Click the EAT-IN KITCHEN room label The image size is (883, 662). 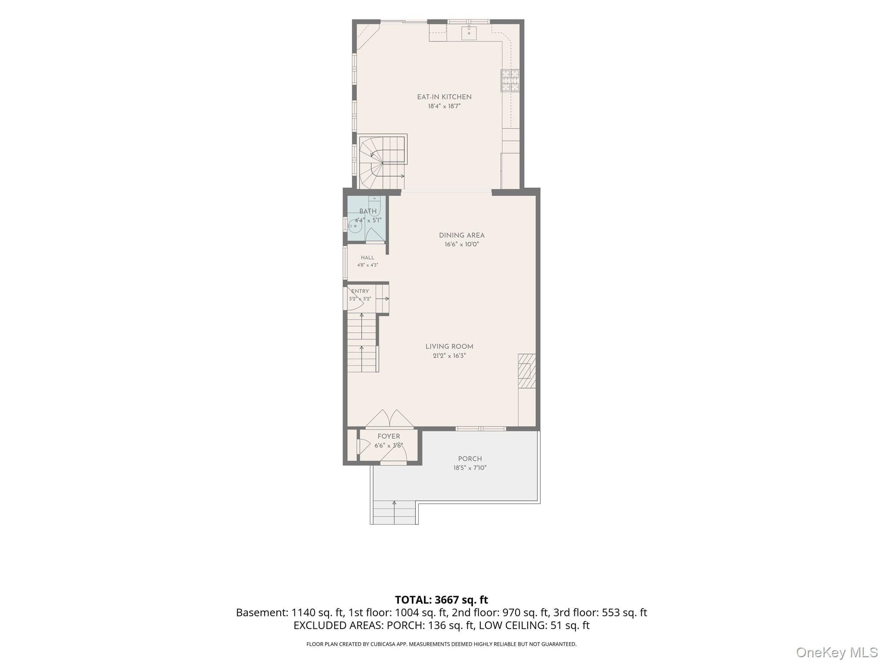444,97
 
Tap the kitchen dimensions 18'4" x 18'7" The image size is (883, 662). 444,106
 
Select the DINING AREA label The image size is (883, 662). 462,235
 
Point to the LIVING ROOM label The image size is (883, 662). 449,347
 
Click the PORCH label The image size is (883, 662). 470,459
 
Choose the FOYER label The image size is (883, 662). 389,437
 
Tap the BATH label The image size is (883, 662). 368,211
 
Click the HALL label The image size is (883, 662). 368,258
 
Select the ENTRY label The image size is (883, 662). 360,291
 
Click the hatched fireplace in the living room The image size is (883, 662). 527,371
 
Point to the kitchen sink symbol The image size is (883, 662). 469,32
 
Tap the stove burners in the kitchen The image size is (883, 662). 510,81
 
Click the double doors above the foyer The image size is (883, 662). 390,419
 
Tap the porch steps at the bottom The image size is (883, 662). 394,512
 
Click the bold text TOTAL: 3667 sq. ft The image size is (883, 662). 441,600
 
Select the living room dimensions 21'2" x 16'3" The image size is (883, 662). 449,356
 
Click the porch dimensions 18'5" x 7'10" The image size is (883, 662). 470,468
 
